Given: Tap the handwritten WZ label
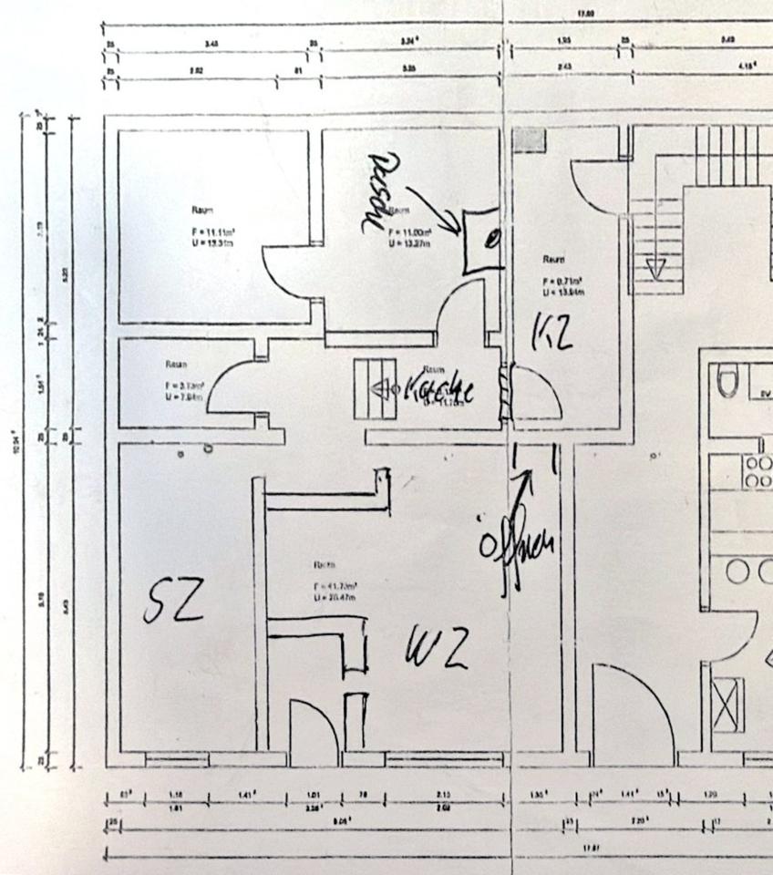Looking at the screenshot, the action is point(438,648).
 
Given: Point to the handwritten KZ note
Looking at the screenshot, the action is point(552,332).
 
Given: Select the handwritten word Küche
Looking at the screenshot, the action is point(439,389).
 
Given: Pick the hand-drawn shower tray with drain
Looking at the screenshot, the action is point(483,241).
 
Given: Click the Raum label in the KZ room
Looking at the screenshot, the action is point(553,260).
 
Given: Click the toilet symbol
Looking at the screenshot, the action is point(727,380).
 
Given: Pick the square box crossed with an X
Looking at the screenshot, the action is point(727,705).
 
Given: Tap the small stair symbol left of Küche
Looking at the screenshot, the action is point(376,388).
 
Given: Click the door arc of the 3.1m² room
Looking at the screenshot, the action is point(235,389).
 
